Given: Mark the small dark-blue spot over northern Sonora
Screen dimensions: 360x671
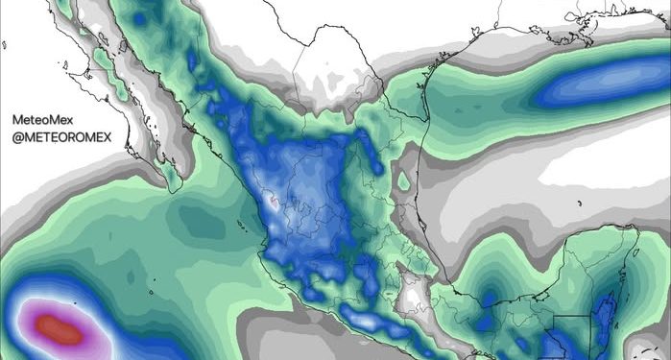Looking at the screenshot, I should [191, 62].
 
